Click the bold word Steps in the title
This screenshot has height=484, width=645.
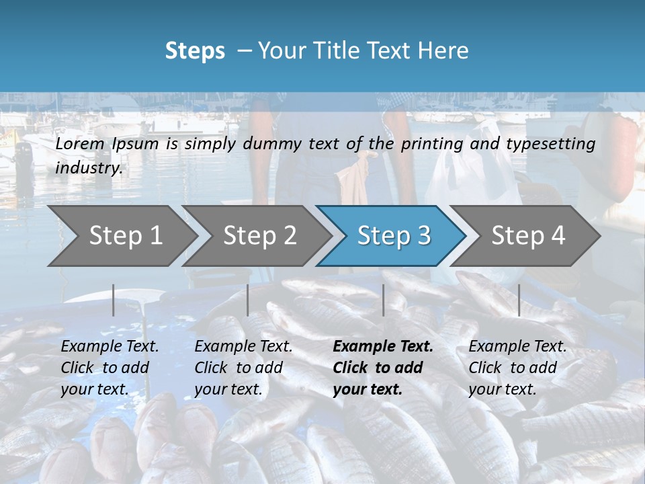coord(195,51)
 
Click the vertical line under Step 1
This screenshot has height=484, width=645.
coord(114,300)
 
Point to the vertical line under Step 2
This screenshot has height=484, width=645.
coord(248,300)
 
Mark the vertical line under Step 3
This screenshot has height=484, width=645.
coord(384,300)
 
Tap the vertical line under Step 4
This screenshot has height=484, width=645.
coord(519,300)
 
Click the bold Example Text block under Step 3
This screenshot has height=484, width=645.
coord(383,368)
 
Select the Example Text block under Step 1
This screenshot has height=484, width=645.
coord(110,368)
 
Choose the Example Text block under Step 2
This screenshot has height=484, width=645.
coord(243,368)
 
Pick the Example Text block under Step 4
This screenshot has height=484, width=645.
coord(517,368)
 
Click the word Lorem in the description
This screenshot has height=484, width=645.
coord(80,144)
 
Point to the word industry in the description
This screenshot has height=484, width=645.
coord(88,167)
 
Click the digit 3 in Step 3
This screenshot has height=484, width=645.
coord(423,236)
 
